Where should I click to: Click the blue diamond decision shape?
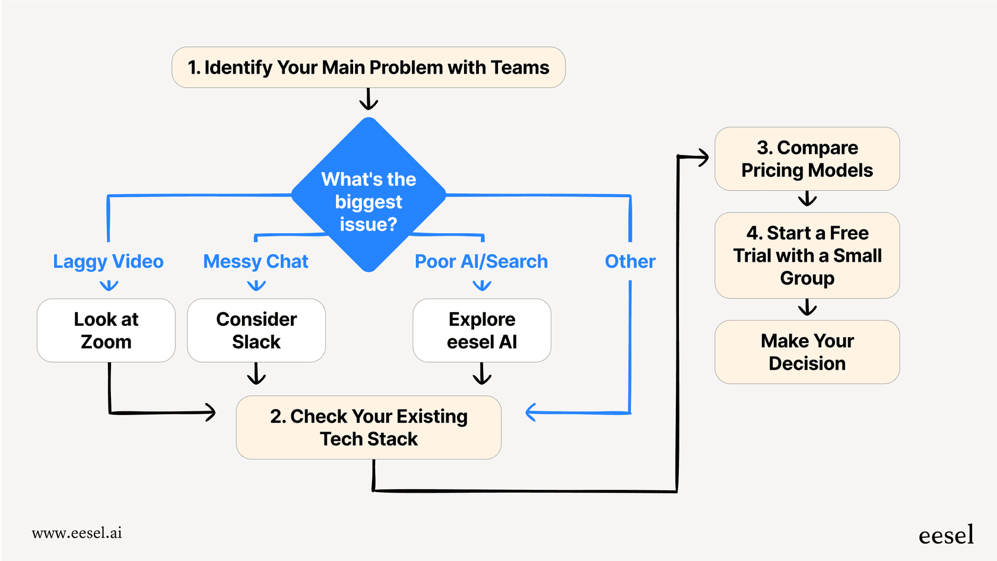coord(369,195)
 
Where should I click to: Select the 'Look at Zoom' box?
coord(106,331)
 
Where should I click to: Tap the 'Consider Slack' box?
coord(256,331)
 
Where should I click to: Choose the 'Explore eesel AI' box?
coord(482,331)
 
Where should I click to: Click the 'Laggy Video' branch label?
coord(108,262)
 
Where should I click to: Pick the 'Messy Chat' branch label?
coord(256,262)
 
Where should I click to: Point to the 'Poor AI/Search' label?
coord(481,262)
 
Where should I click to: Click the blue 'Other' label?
coord(630,262)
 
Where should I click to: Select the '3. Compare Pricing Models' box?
coord(807,159)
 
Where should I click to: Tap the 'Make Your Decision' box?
coord(807,352)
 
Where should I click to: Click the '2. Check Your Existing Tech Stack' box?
coord(369,427)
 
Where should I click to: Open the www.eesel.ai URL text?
coord(77,533)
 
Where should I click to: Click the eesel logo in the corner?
coord(946,535)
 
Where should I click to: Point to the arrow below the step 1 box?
coord(369,100)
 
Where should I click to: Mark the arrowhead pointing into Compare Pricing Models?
coord(703,157)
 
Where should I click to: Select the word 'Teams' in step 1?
coord(520,68)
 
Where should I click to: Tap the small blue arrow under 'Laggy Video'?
coord(109,286)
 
